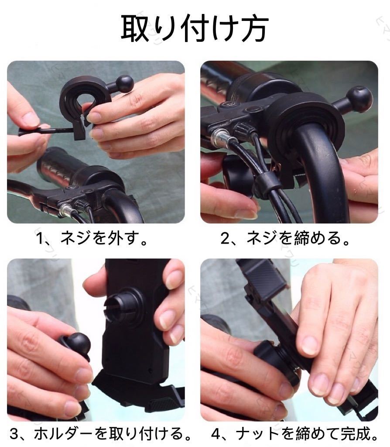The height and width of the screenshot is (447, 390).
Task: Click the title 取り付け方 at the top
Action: (x=195, y=28)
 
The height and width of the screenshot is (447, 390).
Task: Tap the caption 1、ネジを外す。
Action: (x=92, y=238)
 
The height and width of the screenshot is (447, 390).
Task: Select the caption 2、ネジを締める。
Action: (x=285, y=238)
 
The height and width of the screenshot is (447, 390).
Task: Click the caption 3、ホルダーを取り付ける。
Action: (x=100, y=433)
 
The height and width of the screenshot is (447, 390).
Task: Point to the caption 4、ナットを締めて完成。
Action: (x=295, y=433)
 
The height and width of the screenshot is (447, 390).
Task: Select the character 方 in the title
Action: (x=254, y=28)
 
